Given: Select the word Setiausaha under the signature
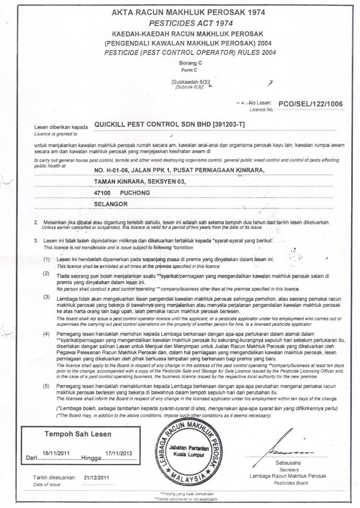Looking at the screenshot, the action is [x=288, y=464].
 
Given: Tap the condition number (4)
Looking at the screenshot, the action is [x=47, y=334].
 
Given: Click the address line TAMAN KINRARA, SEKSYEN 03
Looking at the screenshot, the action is [x=139, y=181].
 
